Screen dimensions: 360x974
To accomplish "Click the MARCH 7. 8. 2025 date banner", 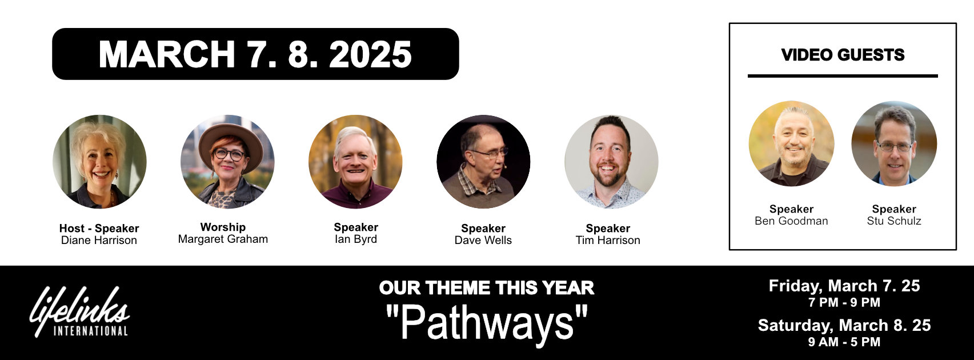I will [255, 54].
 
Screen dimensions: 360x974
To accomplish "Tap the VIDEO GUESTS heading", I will [843, 55].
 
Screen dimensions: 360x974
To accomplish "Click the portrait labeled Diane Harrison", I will [99, 162].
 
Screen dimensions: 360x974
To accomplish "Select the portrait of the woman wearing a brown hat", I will [227, 162].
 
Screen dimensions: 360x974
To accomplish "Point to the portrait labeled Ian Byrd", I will [355, 162].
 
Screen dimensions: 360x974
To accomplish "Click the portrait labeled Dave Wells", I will [483, 162].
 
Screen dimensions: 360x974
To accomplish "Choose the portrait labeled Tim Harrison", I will [611, 162].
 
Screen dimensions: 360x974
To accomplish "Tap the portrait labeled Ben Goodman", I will [791, 144].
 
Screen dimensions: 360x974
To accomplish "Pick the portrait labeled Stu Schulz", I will [894, 144].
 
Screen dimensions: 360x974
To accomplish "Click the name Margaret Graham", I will [223, 239].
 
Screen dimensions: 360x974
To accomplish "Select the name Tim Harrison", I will [608, 241].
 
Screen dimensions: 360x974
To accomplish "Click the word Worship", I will [223, 227].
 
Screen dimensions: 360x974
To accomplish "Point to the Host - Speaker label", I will [99, 228].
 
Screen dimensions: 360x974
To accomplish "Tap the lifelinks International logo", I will [79, 312].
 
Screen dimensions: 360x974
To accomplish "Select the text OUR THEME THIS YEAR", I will [487, 287].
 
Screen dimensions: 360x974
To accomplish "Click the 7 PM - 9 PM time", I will [844, 302].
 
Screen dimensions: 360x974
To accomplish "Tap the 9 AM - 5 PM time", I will [844, 342].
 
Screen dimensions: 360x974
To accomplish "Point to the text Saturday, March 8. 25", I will [844, 325].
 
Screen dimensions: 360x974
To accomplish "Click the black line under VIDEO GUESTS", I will [843, 75].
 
